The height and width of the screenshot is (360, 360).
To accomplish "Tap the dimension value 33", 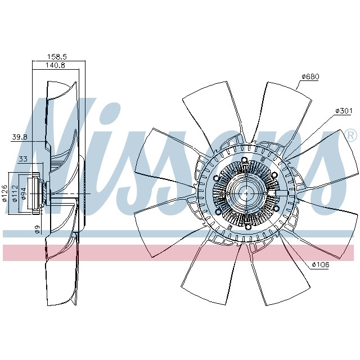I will (24, 159).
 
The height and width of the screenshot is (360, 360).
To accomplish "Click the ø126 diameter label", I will (5, 193).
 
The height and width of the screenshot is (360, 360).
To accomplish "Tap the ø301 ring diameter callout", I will (343, 111).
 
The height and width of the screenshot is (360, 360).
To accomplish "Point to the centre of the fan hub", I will (246, 193).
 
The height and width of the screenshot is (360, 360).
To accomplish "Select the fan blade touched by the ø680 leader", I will (284, 107).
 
